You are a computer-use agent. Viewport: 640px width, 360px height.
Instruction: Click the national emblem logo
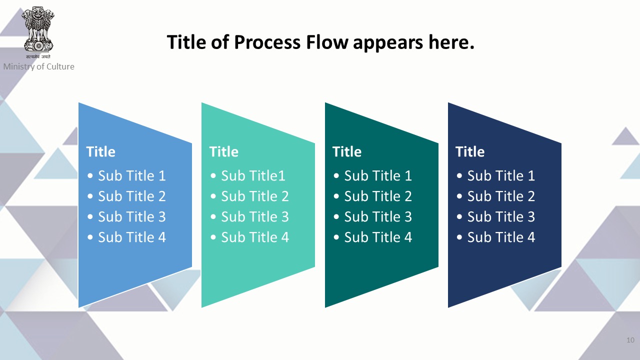tap(38, 29)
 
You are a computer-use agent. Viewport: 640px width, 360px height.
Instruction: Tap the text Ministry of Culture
tap(39, 66)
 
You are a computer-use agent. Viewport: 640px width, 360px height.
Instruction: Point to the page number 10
tap(630, 340)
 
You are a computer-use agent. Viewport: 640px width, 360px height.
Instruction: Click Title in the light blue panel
tap(101, 151)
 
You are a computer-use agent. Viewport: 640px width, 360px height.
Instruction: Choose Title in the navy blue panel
tap(470, 151)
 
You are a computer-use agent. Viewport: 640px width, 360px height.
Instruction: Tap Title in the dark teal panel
tap(347, 151)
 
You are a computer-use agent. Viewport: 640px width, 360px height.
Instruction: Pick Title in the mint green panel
tap(223, 151)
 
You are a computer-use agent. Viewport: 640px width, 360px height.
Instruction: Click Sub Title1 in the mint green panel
tap(253, 175)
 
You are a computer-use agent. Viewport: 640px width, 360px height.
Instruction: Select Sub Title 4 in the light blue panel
tap(132, 237)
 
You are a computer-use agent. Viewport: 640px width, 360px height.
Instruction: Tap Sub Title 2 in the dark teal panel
tap(378, 196)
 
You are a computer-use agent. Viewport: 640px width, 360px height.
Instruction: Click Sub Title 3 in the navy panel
tap(501, 216)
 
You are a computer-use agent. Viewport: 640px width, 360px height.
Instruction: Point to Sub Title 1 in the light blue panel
tap(132, 175)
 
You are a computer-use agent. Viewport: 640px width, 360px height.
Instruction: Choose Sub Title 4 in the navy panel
tap(501, 237)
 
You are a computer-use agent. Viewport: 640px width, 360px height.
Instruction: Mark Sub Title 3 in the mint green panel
tap(255, 216)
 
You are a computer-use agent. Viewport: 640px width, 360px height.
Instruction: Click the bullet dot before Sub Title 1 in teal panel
tap(336, 175)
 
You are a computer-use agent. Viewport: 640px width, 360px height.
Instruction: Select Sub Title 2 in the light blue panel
tap(132, 196)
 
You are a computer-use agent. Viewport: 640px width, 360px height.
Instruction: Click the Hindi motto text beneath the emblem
tap(38, 56)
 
